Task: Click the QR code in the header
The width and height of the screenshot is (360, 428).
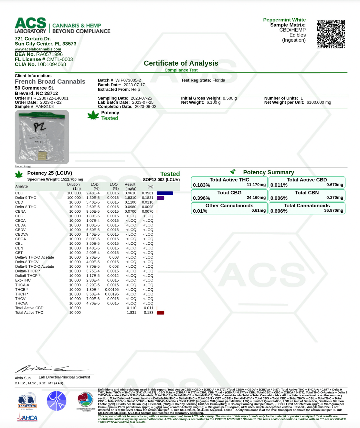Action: pyautogui.click(x=331, y=34)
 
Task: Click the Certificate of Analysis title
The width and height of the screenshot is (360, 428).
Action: pyautogui.click(x=181, y=63)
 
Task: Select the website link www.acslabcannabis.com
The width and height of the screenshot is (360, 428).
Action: pyautogui.click(x=38, y=49)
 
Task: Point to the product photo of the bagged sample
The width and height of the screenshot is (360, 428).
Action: pyautogui.click(x=42, y=137)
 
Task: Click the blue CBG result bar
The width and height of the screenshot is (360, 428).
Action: pyautogui.click(x=165, y=193)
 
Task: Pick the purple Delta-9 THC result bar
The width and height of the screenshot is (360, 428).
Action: pyautogui.click(x=160, y=198)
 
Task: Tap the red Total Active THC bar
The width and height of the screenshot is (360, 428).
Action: pyautogui.click(x=160, y=313)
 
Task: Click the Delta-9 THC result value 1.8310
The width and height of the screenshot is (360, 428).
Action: pyautogui.click(x=131, y=198)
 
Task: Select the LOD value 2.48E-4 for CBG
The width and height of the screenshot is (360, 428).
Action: pyautogui.click(x=93, y=193)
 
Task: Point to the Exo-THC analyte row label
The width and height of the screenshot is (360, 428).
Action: pyautogui.click(x=23, y=280)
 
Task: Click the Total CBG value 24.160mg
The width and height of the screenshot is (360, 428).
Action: pyautogui.click(x=256, y=198)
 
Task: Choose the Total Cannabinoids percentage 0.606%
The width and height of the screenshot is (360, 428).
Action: pyautogui.click(x=279, y=211)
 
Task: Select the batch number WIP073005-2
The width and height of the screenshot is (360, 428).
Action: pyautogui.click(x=128, y=80)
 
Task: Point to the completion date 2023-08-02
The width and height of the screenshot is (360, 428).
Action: pyautogui.click(x=145, y=106)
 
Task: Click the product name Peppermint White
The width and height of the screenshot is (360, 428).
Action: pyautogui.click(x=284, y=20)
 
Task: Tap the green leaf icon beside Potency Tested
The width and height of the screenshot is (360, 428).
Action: pyautogui.click(x=93, y=115)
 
